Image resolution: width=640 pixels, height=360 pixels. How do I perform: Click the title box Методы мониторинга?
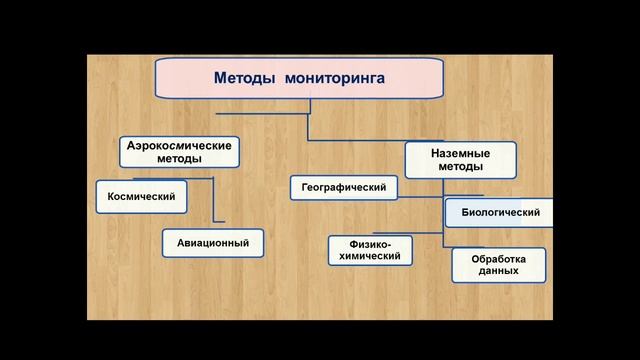coord(299,78)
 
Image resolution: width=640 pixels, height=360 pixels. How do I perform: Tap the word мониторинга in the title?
coord(334,78)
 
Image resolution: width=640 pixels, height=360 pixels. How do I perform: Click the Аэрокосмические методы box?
coord(180,152)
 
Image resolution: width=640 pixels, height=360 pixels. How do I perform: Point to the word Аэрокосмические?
coord(180,145)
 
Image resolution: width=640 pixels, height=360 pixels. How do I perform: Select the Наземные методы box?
coord(460,161)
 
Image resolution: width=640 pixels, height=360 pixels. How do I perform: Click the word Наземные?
coord(460,154)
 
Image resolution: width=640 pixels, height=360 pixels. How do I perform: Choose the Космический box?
coord(141,197)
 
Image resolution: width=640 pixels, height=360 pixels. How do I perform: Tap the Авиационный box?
coord(206,242)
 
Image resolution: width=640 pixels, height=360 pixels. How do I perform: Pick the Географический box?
coord(344,187)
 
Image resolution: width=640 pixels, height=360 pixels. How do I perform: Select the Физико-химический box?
coord(370,250)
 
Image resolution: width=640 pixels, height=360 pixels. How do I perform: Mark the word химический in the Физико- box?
coord(370,256)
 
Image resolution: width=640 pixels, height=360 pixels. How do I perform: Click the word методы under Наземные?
coord(460,168)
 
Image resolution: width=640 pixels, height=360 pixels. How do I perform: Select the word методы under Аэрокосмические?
coord(180,159)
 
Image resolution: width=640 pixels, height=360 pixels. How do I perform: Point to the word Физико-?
coord(370,243)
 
